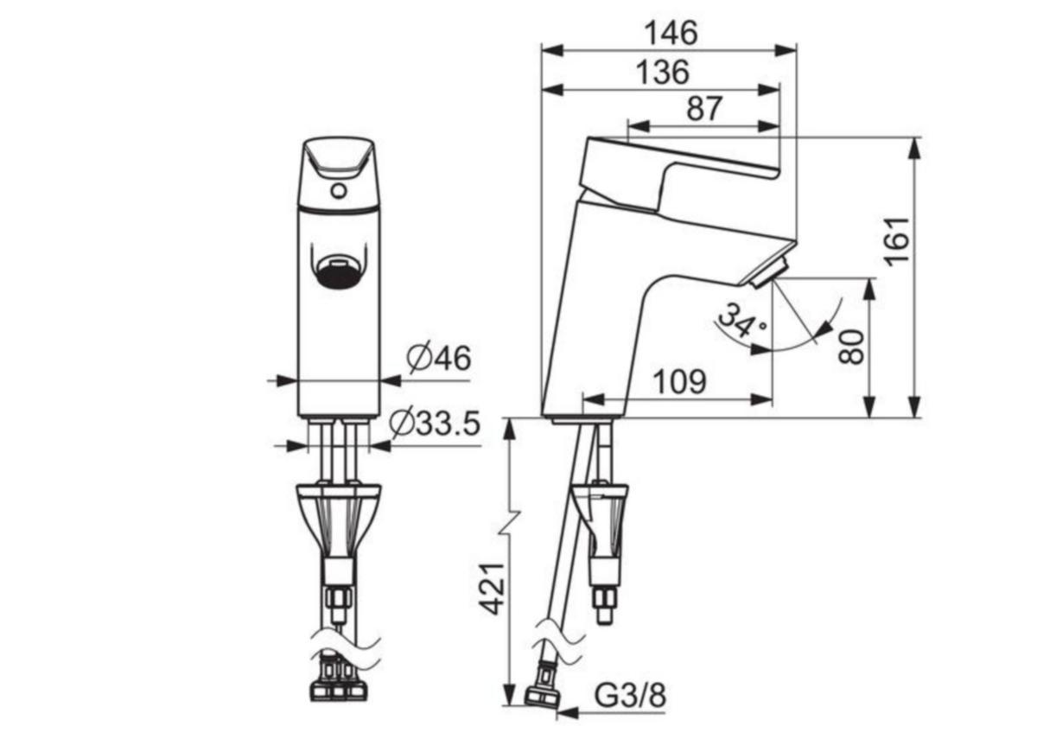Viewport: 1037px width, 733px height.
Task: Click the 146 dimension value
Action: (671, 33)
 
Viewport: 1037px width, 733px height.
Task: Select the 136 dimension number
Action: (663, 73)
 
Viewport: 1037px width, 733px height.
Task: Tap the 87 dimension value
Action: (704, 108)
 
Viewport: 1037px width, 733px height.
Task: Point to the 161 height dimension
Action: (897, 242)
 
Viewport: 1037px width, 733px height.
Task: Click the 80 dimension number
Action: (851, 347)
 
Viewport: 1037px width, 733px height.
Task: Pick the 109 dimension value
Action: (679, 381)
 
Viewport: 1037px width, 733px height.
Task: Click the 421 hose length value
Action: (491, 589)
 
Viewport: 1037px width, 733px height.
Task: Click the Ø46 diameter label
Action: (438, 358)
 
